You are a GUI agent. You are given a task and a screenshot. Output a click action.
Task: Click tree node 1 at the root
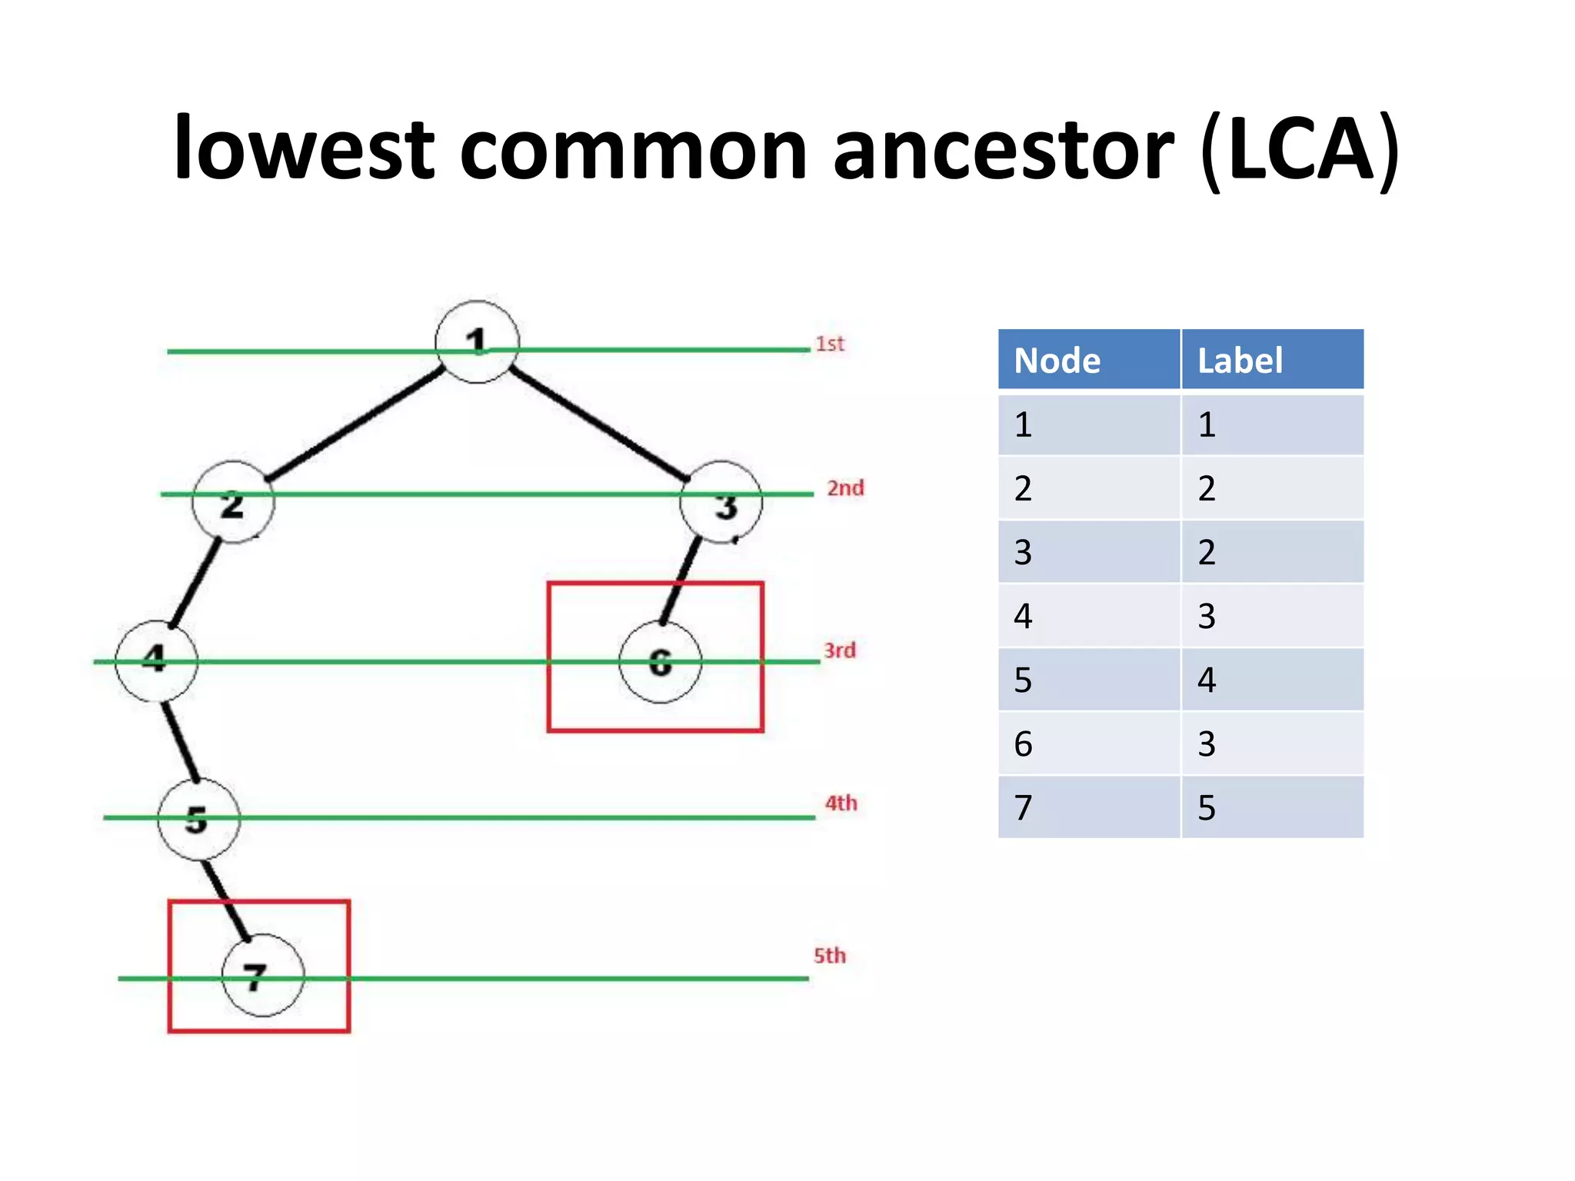(477, 342)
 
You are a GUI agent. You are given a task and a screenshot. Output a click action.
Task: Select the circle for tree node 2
(233, 502)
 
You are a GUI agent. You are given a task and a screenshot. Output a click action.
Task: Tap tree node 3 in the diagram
(721, 503)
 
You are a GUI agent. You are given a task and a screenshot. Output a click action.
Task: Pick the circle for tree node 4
(156, 660)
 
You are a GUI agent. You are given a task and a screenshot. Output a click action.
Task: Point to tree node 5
(198, 819)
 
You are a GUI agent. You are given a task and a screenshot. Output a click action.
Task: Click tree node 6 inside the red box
(660, 663)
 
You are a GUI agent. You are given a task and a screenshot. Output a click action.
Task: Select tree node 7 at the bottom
(262, 975)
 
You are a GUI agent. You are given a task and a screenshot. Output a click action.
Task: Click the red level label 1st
(830, 344)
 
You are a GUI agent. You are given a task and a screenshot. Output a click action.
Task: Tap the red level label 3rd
(840, 650)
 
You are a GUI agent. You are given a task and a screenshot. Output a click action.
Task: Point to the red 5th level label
(830, 956)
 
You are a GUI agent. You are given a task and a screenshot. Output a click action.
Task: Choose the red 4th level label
(841, 803)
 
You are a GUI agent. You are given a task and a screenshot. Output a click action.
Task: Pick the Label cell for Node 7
(1272, 807)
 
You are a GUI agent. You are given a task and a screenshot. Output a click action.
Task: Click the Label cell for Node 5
(1272, 680)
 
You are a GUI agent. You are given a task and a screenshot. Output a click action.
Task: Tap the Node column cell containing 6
(1088, 744)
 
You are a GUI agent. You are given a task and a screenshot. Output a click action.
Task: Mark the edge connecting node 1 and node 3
(600, 425)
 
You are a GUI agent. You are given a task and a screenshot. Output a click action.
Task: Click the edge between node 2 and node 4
(195, 583)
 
